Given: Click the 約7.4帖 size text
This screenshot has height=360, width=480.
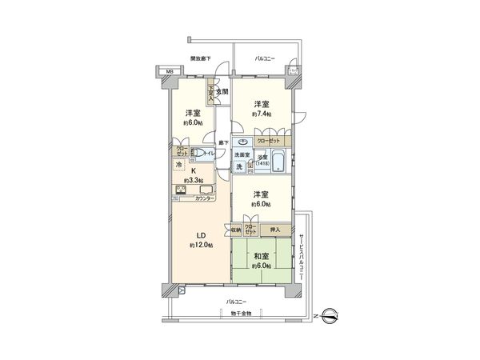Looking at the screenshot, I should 262,115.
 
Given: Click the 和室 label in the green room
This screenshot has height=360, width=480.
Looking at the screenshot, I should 262,258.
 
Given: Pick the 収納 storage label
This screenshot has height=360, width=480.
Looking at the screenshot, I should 237,229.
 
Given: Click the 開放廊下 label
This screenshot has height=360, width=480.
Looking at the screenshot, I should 200,59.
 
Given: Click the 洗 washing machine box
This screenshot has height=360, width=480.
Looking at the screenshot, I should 239,166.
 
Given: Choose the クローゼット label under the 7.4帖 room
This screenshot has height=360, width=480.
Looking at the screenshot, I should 268,141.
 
